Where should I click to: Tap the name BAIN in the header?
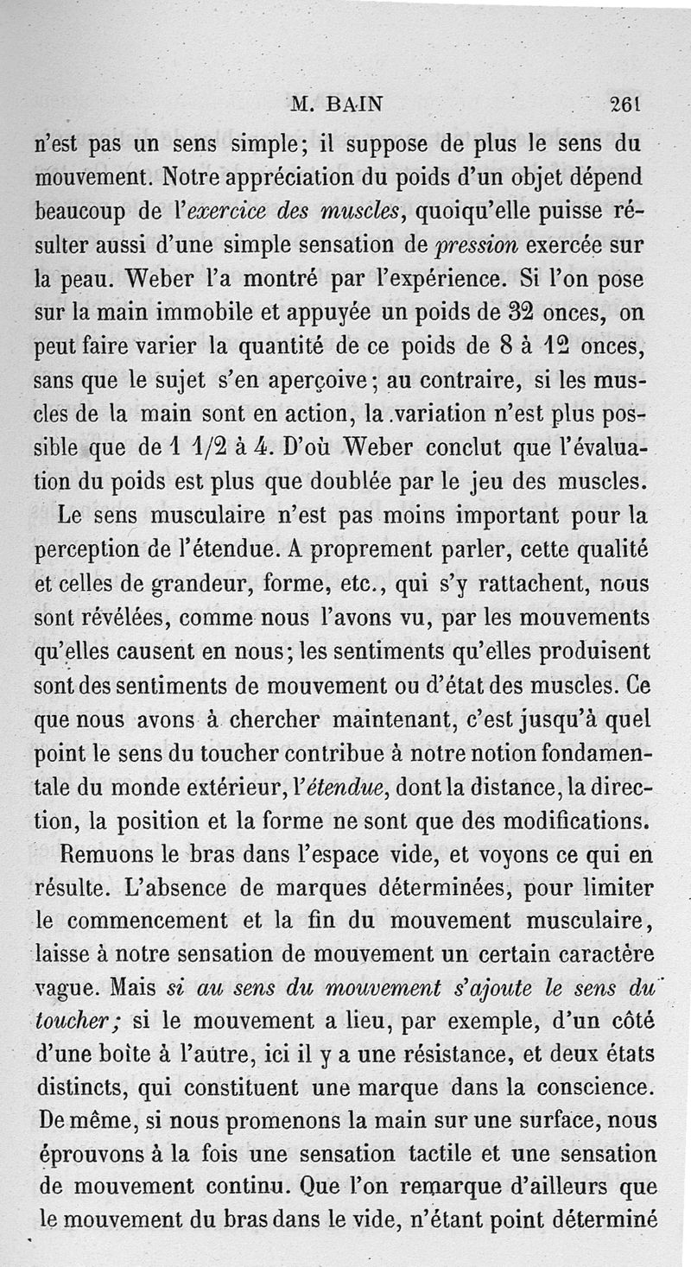(x=354, y=105)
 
